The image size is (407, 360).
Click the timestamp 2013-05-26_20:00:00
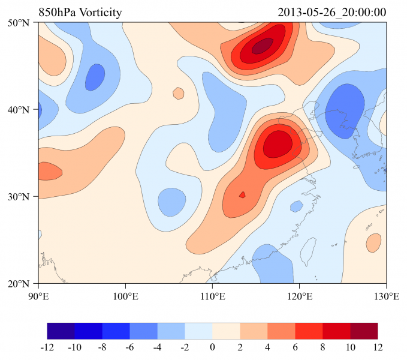tap(332, 13)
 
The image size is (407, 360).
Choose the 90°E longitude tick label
tap(38, 296)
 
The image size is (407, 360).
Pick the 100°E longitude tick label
tap(125, 296)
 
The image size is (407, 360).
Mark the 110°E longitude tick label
tap(212, 296)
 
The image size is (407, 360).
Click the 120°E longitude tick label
tap(299, 296)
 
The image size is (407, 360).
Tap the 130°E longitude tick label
tap(386, 296)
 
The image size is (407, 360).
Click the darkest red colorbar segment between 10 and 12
tap(364, 331)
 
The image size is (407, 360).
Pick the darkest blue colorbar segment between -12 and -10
tap(61, 331)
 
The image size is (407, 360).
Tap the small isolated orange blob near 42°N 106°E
tap(178, 93)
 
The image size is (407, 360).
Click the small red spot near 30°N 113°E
tap(242, 194)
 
